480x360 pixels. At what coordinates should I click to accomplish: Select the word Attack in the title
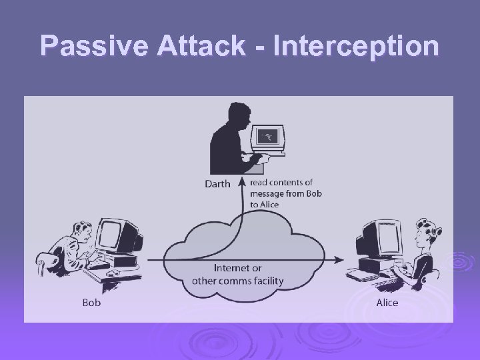click(200, 46)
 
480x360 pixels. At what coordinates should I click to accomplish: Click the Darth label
click(217, 184)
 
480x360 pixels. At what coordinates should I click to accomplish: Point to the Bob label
click(91, 302)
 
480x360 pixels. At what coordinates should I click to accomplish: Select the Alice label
click(387, 302)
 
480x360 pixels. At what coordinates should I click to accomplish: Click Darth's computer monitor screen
click(267, 137)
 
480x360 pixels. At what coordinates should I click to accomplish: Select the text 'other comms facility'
click(237, 280)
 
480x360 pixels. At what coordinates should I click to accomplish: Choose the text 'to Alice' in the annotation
click(265, 204)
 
